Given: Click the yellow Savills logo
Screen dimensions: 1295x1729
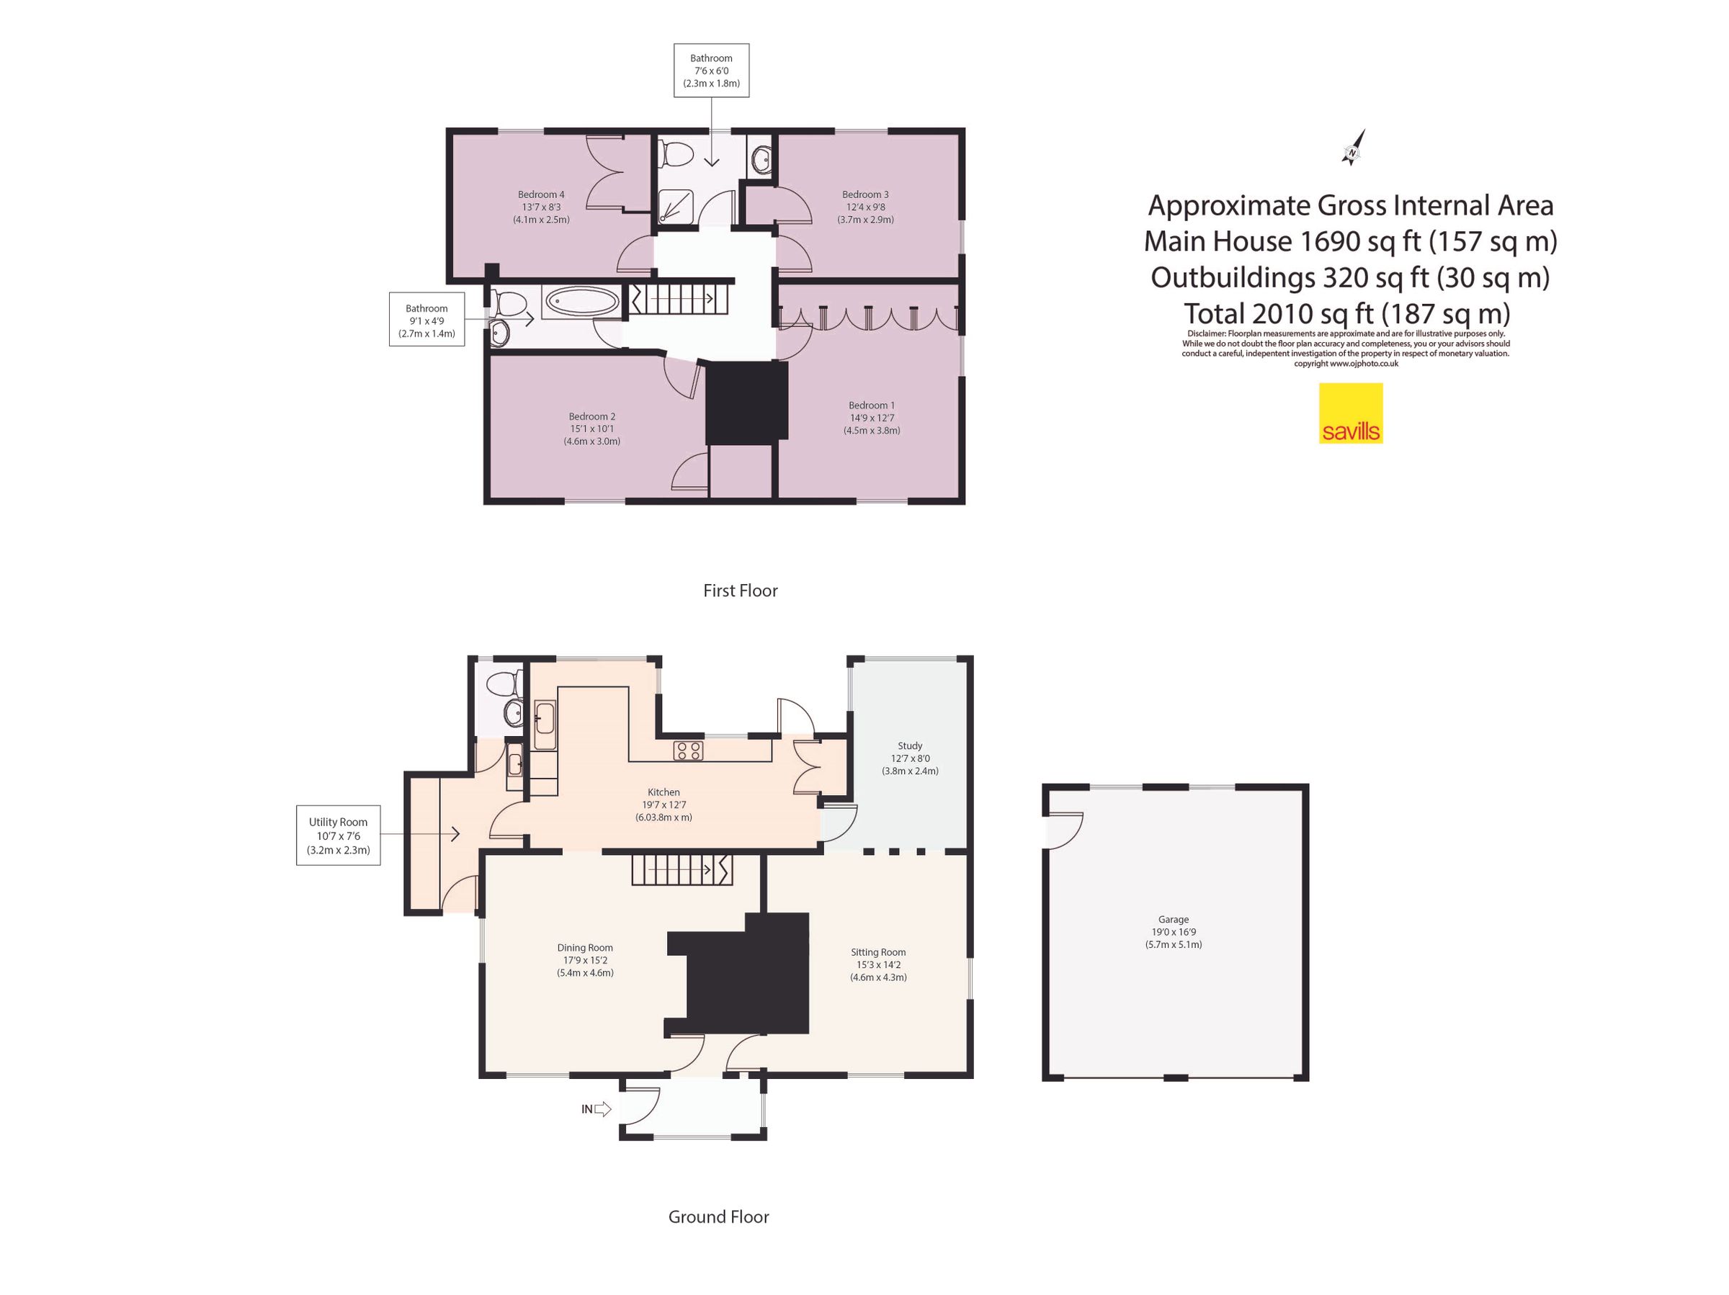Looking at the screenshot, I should tap(1351, 413).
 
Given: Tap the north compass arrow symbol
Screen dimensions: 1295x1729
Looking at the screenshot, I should tap(1353, 148).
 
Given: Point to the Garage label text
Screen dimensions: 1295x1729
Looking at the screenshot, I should tap(1174, 920).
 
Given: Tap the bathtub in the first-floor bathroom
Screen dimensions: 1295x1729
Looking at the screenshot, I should tap(582, 302).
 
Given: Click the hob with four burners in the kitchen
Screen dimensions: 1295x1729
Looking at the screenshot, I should tap(689, 751).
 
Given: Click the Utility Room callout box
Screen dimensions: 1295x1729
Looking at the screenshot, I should tap(339, 835).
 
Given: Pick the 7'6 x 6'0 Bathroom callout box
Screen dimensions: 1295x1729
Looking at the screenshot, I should tap(711, 71).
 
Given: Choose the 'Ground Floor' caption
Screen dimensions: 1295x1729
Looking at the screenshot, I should tap(718, 1216).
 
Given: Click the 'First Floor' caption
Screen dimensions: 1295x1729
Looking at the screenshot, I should tap(740, 591).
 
